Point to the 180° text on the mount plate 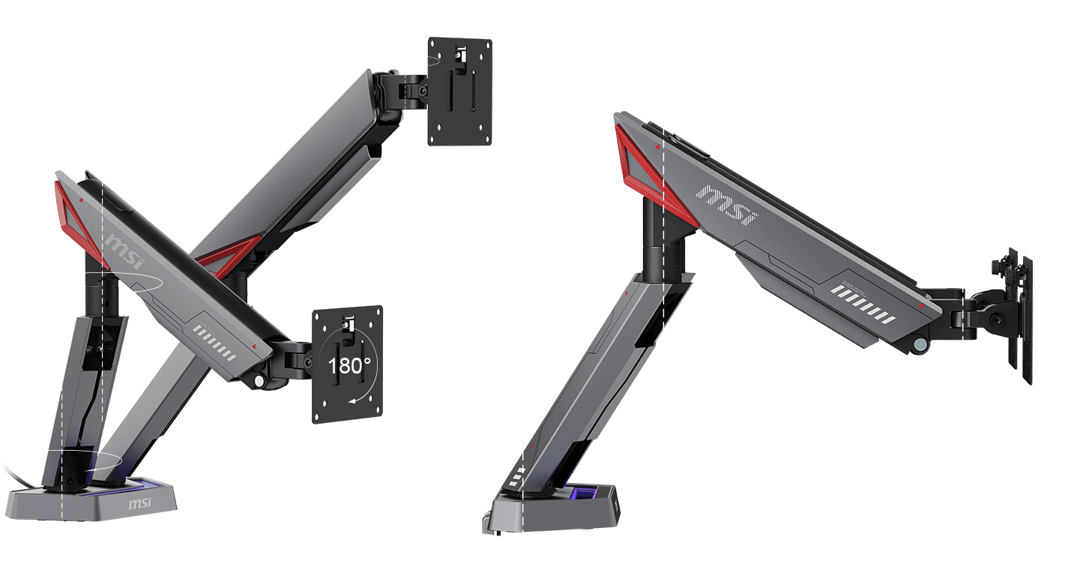pos(349,367)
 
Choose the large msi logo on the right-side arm pos(726,205)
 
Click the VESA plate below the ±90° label pos(459,91)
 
